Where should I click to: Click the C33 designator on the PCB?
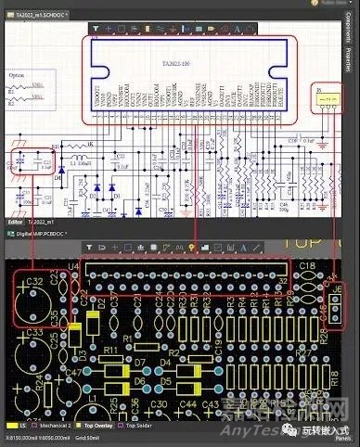[34, 330]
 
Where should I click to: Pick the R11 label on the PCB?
[110, 350]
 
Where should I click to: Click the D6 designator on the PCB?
[140, 380]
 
